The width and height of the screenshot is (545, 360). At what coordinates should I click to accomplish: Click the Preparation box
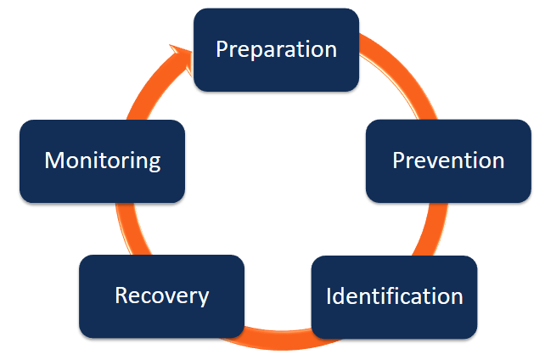click(276, 48)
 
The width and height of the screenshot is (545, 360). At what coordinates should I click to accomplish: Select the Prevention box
click(448, 160)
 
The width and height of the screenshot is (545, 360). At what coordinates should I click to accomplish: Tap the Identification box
click(394, 296)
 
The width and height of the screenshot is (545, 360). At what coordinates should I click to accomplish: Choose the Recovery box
click(161, 295)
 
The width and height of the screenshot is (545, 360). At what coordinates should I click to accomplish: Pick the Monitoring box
click(102, 160)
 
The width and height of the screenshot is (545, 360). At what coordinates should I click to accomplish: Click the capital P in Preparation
click(222, 48)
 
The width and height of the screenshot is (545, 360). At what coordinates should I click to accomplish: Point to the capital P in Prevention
click(399, 160)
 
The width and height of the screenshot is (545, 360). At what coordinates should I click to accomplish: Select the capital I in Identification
click(329, 296)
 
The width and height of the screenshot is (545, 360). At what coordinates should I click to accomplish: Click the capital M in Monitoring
click(53, 160)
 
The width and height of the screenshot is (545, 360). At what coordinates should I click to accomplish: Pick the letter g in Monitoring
click(154, 163)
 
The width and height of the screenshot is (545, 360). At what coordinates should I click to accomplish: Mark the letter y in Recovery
click(203, 299)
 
